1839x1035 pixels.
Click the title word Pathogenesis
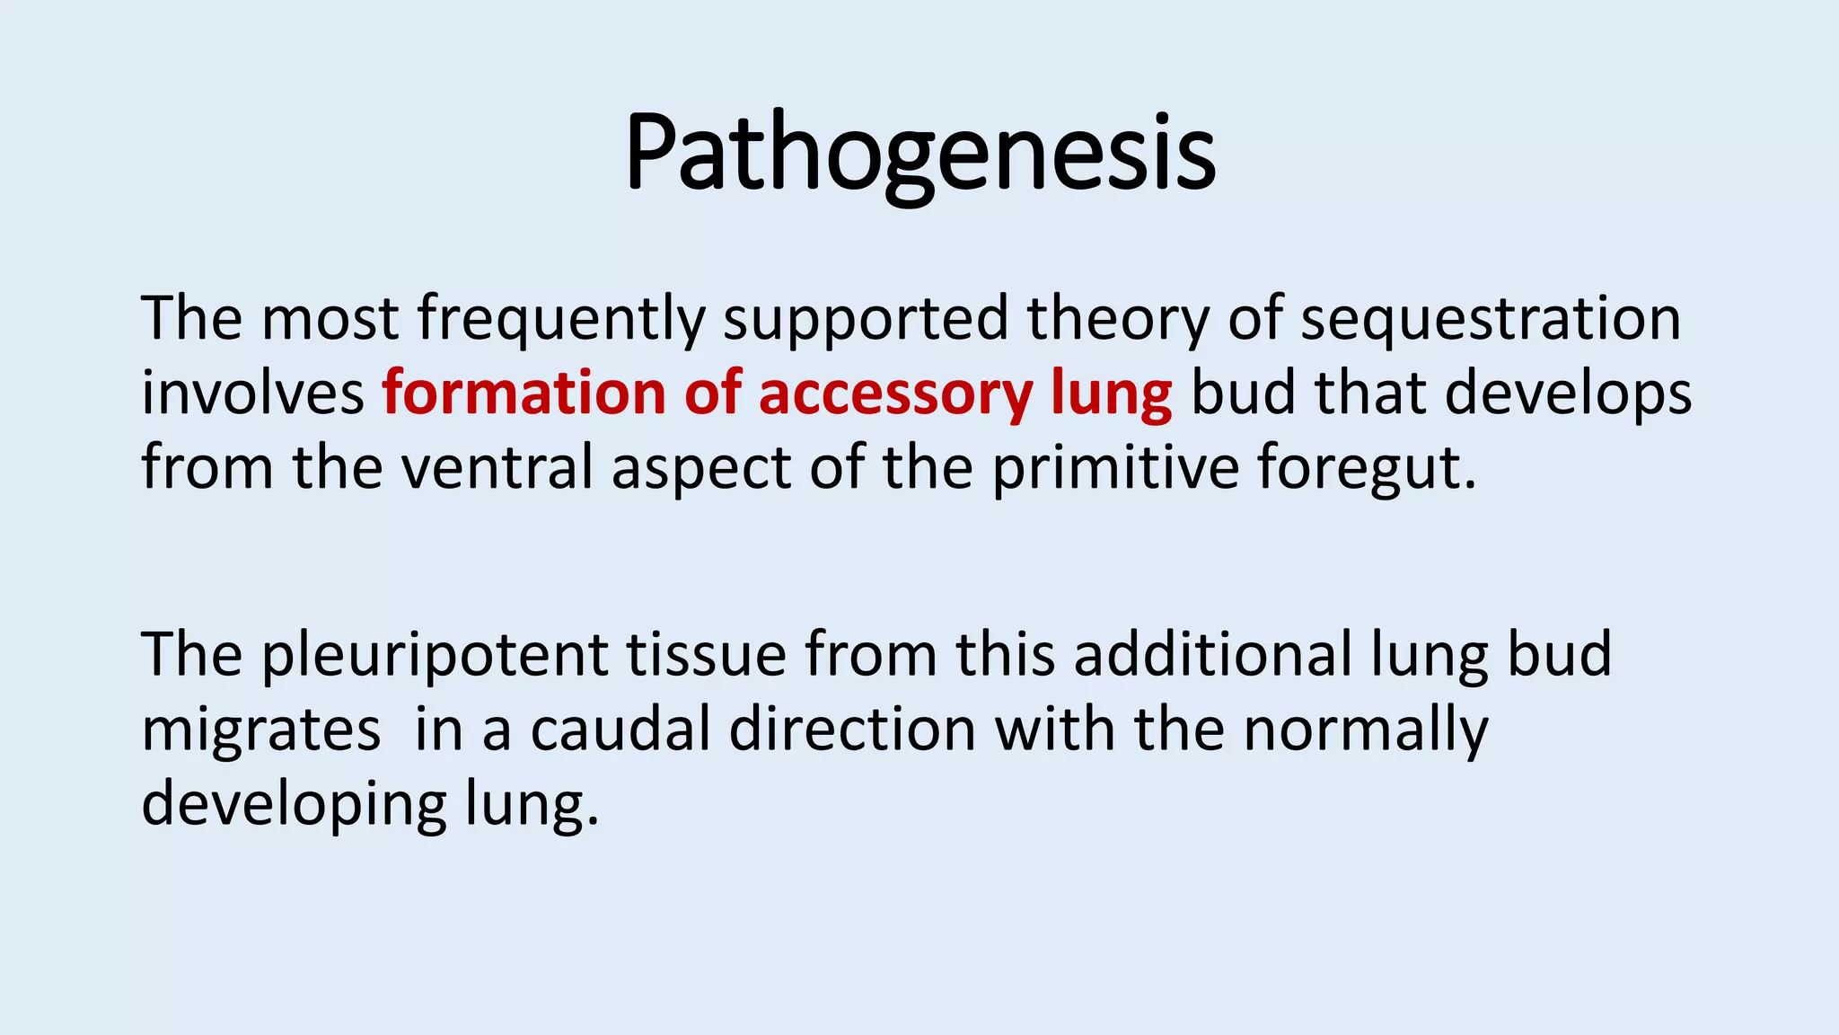coord(919,153)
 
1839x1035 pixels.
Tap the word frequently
coord(561,319)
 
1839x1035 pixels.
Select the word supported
coord(867,319)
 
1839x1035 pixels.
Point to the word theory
coord(1118,319)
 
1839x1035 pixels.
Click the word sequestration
coord(1491,319)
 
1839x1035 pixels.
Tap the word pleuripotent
coord(435,656)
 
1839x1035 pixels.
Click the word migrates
coord(260,730)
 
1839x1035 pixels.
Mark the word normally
coord(1365,730)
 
